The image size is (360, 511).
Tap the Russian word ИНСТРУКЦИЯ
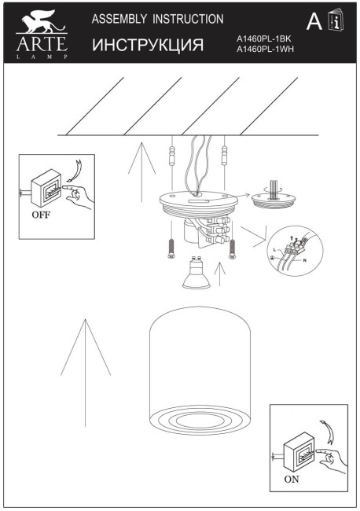148,45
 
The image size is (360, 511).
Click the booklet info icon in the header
336,22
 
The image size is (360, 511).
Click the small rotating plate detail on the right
273,200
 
